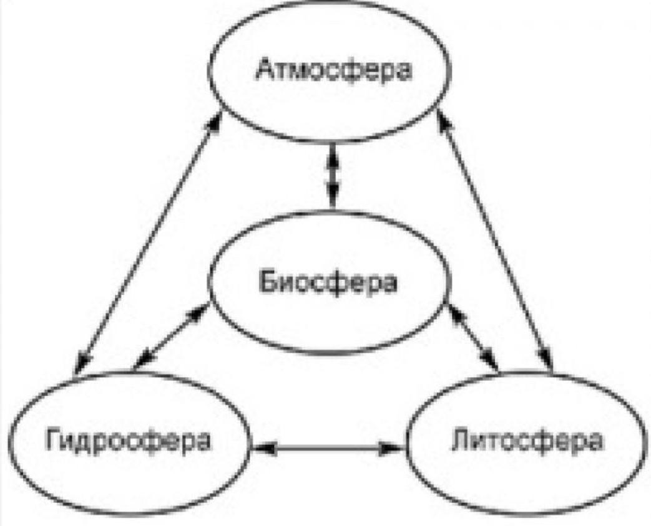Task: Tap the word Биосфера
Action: (x=328, y=283)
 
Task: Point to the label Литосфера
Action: (x=526, y=440)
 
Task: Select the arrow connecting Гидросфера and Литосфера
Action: (x=328, y=447)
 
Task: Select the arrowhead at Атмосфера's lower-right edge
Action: (x=444, y=120)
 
